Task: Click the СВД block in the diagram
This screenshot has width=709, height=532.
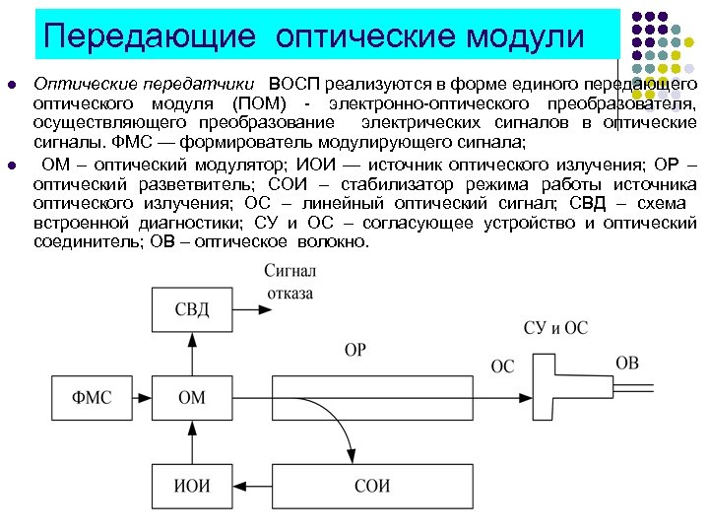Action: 192,309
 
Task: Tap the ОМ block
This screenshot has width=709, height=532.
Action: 192,398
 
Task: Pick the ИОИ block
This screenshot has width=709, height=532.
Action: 192,485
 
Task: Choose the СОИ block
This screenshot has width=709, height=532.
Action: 372,485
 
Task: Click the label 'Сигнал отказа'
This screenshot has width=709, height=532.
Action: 290,281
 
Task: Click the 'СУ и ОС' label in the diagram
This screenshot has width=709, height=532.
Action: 556,327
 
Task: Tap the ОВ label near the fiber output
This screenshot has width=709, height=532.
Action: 627,363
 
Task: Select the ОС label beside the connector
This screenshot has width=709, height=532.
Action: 502,366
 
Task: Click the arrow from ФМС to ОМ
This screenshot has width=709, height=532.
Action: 143,398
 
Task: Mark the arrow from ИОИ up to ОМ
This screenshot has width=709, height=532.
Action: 192,441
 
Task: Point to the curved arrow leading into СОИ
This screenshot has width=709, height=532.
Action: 340,433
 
